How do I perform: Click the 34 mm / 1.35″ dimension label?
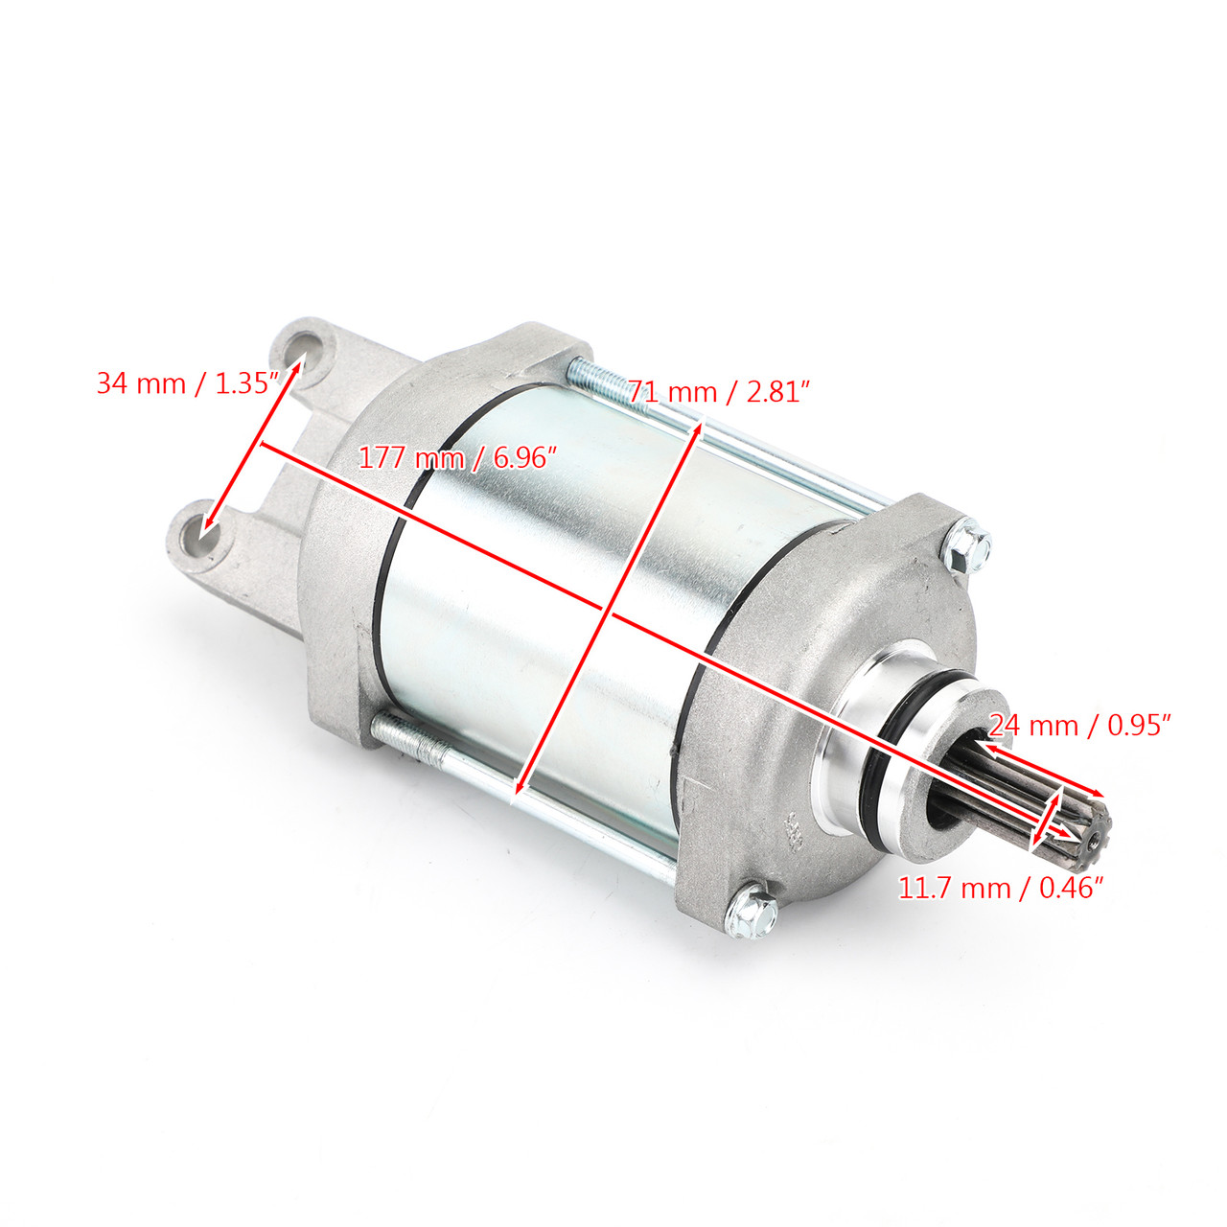(187, 384)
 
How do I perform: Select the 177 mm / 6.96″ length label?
(457, 458)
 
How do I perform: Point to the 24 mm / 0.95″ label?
(1080, 725)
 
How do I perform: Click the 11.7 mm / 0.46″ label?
(1001, 888)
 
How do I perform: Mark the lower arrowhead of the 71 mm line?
(519, 788)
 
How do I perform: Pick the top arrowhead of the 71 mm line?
(700, 426)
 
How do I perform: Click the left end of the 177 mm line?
(264, 444)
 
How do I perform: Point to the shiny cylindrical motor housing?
(537, 575)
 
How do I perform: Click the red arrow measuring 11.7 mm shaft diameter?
(1046, 820)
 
